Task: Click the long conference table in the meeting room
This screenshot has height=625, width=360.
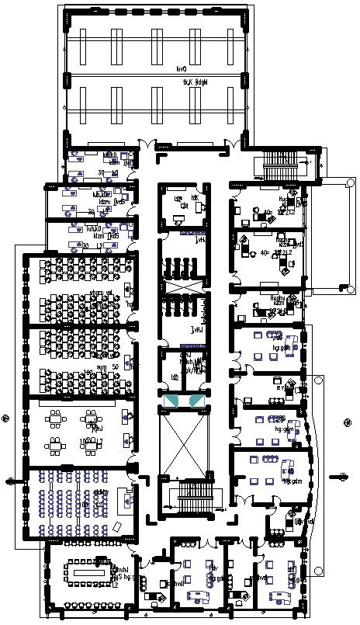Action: [92, 573]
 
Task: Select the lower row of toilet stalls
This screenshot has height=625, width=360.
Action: [183, 304]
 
